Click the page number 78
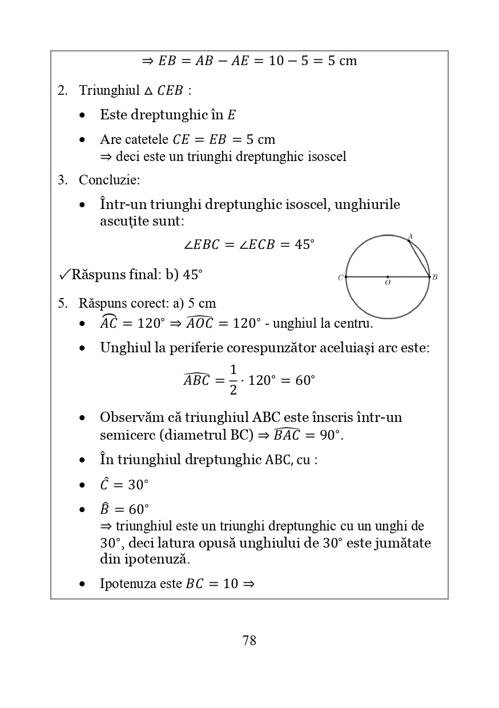pos(249,641)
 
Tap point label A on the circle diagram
pos(410,236)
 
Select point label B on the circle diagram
pos(435,277)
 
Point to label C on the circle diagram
pos(340,278)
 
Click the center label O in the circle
pos(388,283)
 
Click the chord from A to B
pos(420,259)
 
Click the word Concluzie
pos(109,180)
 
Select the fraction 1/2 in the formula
pos(233,380)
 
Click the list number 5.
pos(62,304)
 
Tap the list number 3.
pos(62,180)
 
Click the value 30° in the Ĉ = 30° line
pos(138,485)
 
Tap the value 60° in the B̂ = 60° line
pos(138,509)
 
